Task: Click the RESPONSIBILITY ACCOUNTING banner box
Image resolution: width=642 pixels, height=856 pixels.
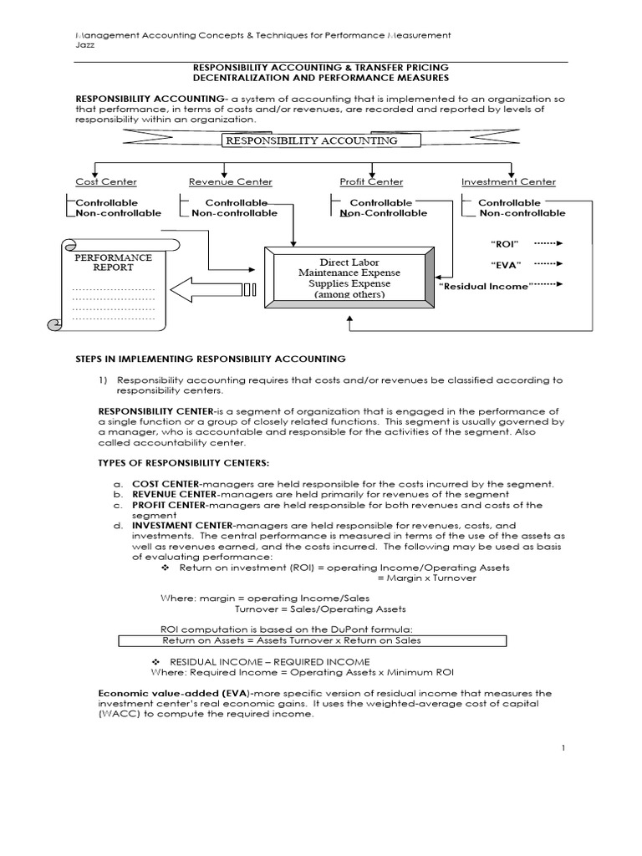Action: (x=310, y=140)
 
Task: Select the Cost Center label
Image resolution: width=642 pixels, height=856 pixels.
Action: (x=106, y=181)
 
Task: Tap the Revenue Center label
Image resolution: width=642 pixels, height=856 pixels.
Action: (x=230, y=181)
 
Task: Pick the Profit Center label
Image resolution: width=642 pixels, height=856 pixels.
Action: (x=371, y=181)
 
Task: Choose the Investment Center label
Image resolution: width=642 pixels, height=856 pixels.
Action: (x=508, y=181)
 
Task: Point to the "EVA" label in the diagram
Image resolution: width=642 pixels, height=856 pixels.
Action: (x=505, y=265)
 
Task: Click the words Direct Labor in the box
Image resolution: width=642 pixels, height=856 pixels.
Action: (x=349, y=262)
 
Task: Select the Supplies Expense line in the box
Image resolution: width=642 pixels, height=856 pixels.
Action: (x=349, y=283)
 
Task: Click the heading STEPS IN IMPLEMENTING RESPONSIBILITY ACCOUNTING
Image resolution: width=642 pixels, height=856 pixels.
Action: (x=210, y=359)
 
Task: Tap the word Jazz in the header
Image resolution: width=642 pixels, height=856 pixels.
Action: (x=83, y=47)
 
